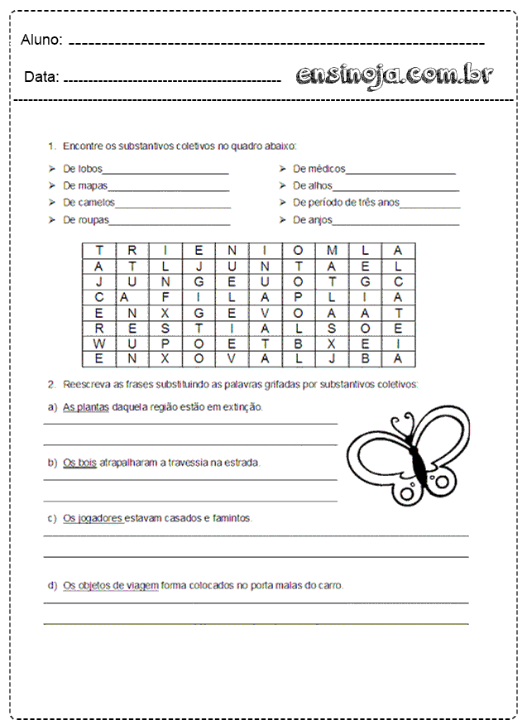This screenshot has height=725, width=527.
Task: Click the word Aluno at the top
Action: [x=41, y=40]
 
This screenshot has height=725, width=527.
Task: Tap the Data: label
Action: [x=41, y=77]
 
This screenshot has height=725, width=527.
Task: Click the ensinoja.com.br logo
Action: [x=395, y=75]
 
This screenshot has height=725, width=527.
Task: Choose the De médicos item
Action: [x=319, y=169]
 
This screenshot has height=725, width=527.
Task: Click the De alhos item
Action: [x=312, y=185]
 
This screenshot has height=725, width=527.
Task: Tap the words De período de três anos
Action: [x=346, y=202]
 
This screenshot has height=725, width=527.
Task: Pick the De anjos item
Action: [x=313, y=219]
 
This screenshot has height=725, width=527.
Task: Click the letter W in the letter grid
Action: [x=99, y=343]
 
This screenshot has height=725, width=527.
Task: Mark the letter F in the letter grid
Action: [x=165, y=297]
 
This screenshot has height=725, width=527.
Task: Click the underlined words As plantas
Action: [x=86, y=407]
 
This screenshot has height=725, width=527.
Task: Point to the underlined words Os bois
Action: [x=80, y=463]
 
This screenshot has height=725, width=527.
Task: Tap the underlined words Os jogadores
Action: [x=93, y=518]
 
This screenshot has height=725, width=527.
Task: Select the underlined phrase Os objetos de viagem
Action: [x=110, y=585]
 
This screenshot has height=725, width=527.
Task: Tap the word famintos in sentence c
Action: [x=232, y=518]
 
